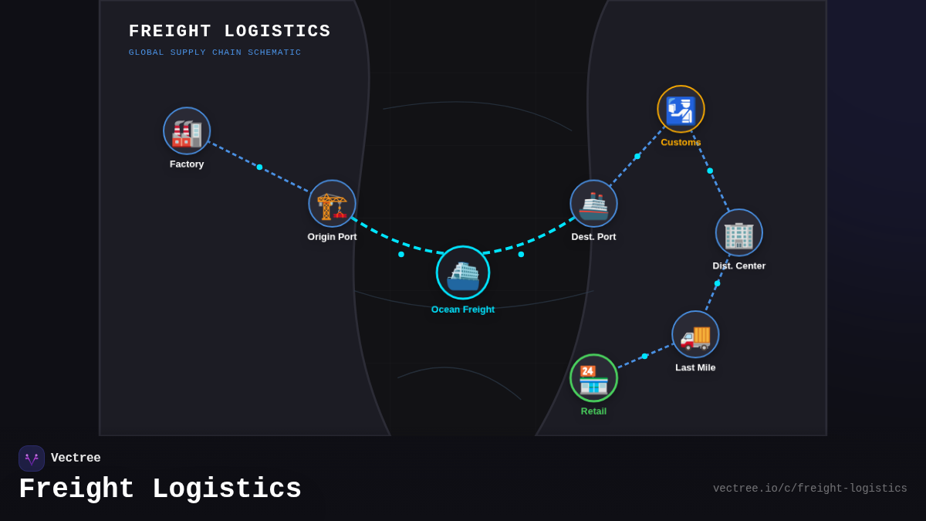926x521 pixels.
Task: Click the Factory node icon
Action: click(x=187, y=131)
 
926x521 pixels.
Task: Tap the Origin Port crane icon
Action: click(x=332, y=204)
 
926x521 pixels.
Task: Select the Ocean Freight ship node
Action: click(x=463, y=272)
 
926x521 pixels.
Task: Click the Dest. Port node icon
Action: click(x=593, y=204)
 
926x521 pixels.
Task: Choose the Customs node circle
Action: click(x=681, y=109)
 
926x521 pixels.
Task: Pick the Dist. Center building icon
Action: click(x=738, y=232)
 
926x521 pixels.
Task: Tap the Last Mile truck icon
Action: click(x=695, y=334)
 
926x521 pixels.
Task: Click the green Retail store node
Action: click(x=593, y=378)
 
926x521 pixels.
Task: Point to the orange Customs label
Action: click(x=681, y=142)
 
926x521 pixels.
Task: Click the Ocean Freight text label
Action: click(x=463, y=310)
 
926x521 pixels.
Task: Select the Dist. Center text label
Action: click(x=738, y=266)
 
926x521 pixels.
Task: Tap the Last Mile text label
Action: click(x=695, y=367)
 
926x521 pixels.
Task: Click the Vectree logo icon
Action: click(x=32, y=458)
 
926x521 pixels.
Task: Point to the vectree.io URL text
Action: click(x=809, y=489)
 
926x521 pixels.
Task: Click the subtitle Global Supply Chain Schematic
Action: click(x=215, y=52)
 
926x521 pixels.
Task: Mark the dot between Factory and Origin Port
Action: click(x=259, y=167)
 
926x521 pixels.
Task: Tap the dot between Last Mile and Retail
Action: click(x=645, y=357)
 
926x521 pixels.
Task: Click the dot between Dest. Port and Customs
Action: click(x=637, y=157)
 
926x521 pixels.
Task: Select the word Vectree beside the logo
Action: click(x=76, y=458)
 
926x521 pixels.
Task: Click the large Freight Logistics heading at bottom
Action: click(x=160, y=489)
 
